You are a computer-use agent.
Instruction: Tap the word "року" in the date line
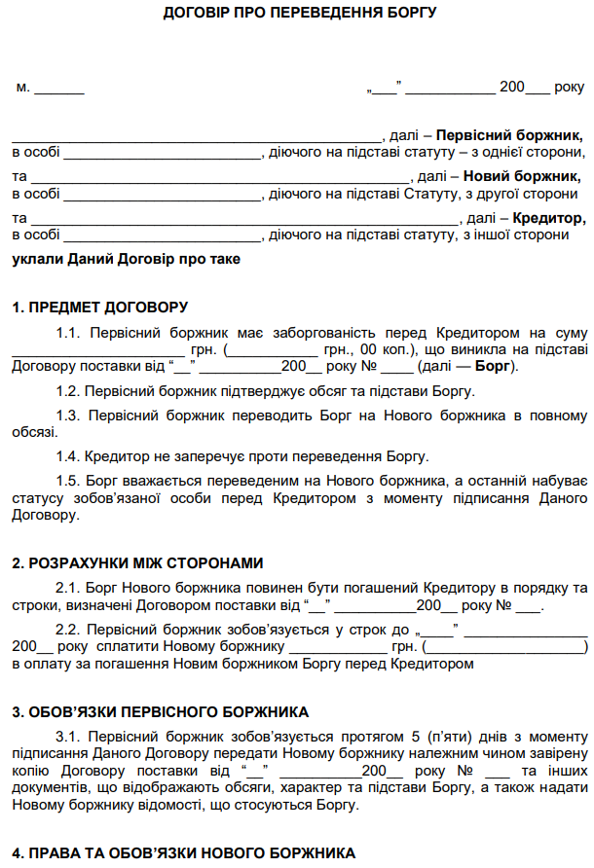(x=570, y=87)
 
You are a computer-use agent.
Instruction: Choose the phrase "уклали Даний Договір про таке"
(x=126, y=260)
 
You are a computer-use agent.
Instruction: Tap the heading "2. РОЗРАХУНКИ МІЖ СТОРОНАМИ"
(x=138, y=563)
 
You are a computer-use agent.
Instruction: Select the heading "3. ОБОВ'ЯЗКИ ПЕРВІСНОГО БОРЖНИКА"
(x=160, y=711)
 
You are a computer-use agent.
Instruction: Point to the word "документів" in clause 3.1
(x=47, y=788)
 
